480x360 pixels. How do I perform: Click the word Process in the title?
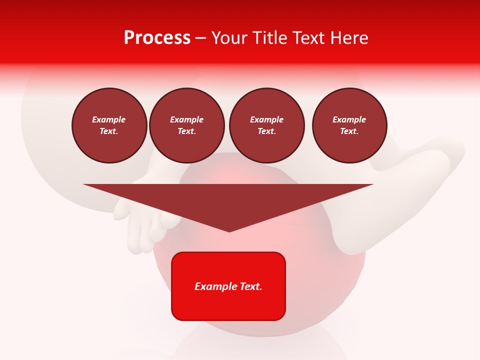tap(157, 37)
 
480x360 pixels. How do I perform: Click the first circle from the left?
tap(109, 125)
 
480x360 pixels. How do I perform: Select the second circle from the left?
tap(186, 125)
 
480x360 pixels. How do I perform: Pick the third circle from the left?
tap(266, 125)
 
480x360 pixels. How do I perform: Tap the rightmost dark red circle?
tap(349, 125)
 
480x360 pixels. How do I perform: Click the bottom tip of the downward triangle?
tap(229, 231)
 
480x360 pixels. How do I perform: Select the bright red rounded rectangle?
tap(228, 286)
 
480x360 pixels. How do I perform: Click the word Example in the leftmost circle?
tap(109, 119)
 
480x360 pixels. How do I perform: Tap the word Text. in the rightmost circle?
tap(349, 131)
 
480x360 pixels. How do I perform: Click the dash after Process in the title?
tap(200, 38)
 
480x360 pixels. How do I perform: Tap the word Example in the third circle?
tap(266, 119)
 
